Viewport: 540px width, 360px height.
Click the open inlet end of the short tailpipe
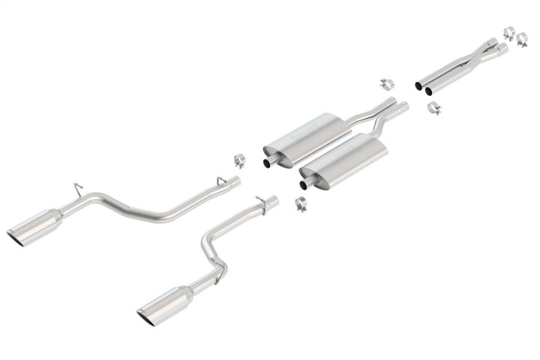(x=274, y=201)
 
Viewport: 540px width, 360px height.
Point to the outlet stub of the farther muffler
(x=268, y=161)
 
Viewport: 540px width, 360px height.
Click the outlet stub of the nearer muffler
(x=306, y=183)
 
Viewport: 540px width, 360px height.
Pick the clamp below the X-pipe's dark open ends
(x=434, y=109)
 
